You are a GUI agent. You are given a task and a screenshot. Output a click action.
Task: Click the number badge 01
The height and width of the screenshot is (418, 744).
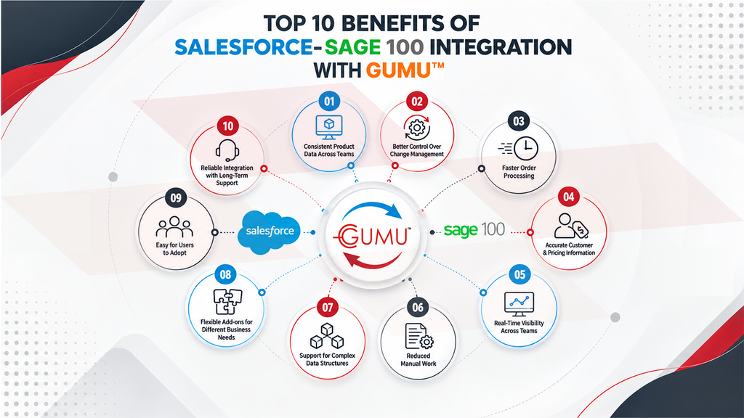tap(329, 101)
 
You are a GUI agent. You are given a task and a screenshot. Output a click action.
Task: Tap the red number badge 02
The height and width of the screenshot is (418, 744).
tap(417, 101)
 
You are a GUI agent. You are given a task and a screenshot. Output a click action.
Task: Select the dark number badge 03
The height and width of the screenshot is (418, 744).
tap(519, 121)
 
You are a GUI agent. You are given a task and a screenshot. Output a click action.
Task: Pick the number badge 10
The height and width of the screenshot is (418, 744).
tap(227, 126)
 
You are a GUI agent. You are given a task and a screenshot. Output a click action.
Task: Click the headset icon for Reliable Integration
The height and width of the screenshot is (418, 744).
tap(227, 149)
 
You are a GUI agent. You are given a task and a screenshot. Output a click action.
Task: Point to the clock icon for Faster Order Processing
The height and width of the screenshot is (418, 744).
tap(519, 148)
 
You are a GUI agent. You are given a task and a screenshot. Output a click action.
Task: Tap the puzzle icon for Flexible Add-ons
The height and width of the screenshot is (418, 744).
tap(227, 302)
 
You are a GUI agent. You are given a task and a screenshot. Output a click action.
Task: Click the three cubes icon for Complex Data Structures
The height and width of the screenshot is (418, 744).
tap(326, 336)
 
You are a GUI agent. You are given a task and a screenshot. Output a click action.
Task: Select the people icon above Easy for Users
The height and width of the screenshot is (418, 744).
tap(174, 227)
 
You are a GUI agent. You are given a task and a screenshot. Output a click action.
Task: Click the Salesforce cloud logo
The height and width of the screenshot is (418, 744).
tap(269, 232)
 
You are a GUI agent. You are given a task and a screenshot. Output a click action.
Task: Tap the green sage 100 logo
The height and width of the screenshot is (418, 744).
tap(474, 230)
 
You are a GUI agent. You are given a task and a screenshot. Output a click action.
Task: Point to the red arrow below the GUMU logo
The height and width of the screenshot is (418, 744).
tap(373, 261)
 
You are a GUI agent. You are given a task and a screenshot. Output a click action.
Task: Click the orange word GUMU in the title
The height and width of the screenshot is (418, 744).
tap(398, 70)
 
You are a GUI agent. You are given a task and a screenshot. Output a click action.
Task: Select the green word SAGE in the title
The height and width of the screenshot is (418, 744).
tap(352, 47)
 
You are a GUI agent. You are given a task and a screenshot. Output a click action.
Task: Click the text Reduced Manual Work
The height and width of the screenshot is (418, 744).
tap(418, 360)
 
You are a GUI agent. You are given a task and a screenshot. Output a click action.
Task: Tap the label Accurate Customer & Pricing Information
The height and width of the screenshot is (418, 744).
tap(569, 249)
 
